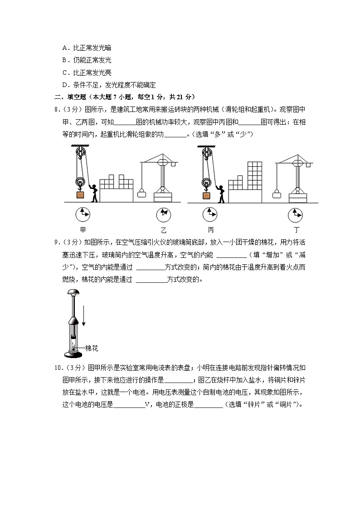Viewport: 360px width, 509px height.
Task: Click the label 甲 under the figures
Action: (83, 229)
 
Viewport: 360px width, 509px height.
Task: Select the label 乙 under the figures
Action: (163, 229)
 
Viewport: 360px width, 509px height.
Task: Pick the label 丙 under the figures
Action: (210, 229)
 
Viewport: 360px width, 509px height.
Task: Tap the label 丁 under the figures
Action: (297, 229)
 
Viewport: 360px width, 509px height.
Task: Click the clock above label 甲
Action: (83, 213)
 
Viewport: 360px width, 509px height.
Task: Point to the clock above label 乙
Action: (163, 213)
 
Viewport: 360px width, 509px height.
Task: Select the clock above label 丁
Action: (296, 213)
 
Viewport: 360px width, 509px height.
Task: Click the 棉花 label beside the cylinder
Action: (92, 348)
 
